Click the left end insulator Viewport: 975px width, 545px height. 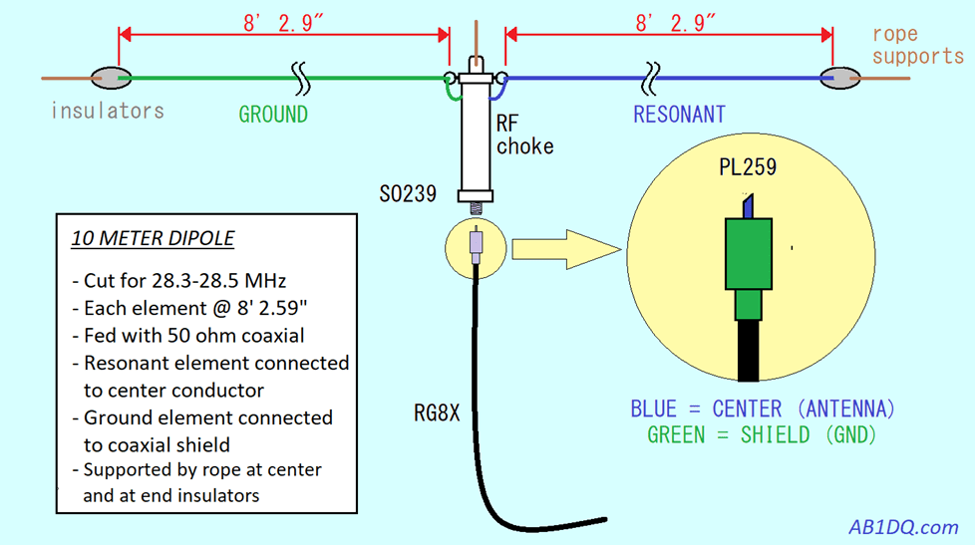point(109,77)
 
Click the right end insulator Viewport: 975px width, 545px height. point(844,77)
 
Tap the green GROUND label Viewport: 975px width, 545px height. point(273,115)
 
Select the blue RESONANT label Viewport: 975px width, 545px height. point(679,115)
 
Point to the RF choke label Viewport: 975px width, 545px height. point(524,136)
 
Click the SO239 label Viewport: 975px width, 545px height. point(407,194)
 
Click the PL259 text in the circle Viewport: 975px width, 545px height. point(748,167)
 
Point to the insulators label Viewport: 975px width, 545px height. point(108,111)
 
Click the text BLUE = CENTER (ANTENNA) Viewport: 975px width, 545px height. point(763,409)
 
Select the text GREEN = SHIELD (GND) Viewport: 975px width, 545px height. point(763,434)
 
